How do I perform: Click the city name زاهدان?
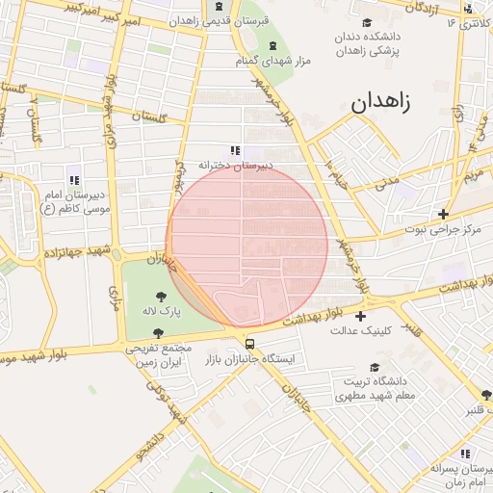click(380, 104)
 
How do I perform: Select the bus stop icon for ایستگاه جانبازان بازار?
click(250, 343)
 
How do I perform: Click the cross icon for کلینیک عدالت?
click(360, 316)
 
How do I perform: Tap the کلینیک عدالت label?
click(360, 331)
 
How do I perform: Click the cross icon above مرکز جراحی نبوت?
click(443, 214)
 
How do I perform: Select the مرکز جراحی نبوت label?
click(442, 229)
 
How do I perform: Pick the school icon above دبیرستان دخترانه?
click(235, 150)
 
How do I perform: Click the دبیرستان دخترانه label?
click(236, 165)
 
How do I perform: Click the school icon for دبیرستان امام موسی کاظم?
click(73, 179)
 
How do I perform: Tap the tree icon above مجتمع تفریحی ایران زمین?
click(157, 333)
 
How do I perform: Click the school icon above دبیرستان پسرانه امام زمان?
click(464, 453)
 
